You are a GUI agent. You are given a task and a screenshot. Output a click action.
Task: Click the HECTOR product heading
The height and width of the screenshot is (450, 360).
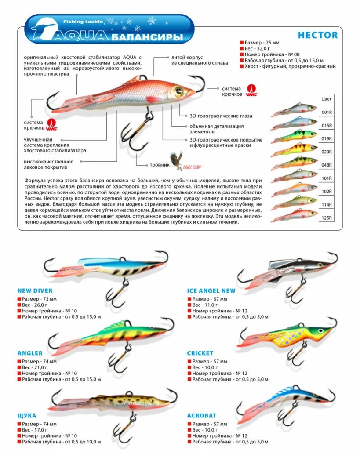click(317, 35)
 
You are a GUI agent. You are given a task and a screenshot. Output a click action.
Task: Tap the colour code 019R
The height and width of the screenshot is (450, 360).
click(327, 138)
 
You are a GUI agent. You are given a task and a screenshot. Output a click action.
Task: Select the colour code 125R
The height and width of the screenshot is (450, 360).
click(327, 218)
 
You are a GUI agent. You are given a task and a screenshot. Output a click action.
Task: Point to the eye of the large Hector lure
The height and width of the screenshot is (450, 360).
click(178, 91)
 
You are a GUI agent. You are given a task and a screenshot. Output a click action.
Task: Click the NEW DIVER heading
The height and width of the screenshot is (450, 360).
click(35, 290)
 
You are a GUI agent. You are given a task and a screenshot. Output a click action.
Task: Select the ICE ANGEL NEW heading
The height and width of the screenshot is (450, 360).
click(211, 290)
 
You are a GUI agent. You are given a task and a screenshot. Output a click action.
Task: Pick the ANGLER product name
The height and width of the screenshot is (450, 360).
click(30, 353)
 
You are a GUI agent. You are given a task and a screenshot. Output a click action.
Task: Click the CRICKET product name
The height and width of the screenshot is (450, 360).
click(200, 353)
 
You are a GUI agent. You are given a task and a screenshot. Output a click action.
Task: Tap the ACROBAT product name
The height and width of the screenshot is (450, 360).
click(202, 415)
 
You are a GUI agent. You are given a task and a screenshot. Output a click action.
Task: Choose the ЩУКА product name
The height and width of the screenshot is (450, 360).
click(27, 415)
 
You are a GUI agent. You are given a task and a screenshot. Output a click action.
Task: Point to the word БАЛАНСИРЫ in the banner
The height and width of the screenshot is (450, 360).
click(147, 37)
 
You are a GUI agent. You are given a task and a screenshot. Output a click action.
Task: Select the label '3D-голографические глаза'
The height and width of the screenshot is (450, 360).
click(221, 116)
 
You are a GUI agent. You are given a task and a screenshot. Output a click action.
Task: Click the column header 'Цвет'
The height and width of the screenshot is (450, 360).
click(327, 98)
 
